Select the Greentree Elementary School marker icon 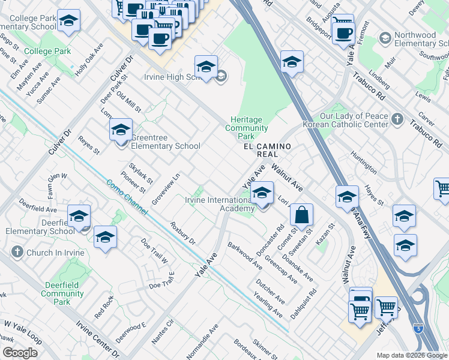point(121,130)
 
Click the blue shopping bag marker point(301,215)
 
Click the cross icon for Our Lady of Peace point(397,119)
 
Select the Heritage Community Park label point(247,128)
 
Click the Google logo point(20,353)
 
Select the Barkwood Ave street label point(244,256)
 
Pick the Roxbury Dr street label point(183,234)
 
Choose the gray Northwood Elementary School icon point(385,40)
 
